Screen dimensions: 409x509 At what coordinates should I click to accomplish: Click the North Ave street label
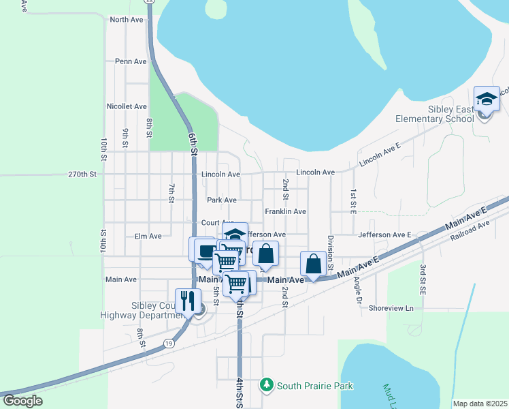coord(126,20)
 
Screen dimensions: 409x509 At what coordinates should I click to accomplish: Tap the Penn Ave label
coord(131,61)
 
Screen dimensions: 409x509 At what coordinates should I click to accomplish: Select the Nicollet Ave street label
coord(127,106)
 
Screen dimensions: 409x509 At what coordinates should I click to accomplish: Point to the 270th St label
coord(83,175)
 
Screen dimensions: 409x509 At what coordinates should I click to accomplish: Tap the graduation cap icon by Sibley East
coord(487,100)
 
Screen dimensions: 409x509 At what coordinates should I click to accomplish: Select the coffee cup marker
coord(205,249)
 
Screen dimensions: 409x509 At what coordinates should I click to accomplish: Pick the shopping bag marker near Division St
coord(313,264)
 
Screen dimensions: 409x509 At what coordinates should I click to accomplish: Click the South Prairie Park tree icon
coord(266,386)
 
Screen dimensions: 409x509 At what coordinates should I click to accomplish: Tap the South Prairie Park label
coord(315,386)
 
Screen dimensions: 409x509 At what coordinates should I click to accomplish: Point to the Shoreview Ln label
coord(391,308)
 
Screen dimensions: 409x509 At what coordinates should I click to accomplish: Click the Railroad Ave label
coord(470,231)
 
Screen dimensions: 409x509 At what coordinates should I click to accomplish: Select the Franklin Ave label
coord(285,212)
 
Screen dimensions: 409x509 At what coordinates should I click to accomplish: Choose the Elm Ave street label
coord(148,236)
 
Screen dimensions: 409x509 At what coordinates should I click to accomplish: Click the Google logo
coord(22,401)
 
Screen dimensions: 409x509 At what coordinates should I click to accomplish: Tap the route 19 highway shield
coord(169,344)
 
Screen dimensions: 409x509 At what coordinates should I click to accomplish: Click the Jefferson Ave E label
coord(384,234)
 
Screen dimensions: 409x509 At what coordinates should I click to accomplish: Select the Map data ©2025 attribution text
coord(479,404)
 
